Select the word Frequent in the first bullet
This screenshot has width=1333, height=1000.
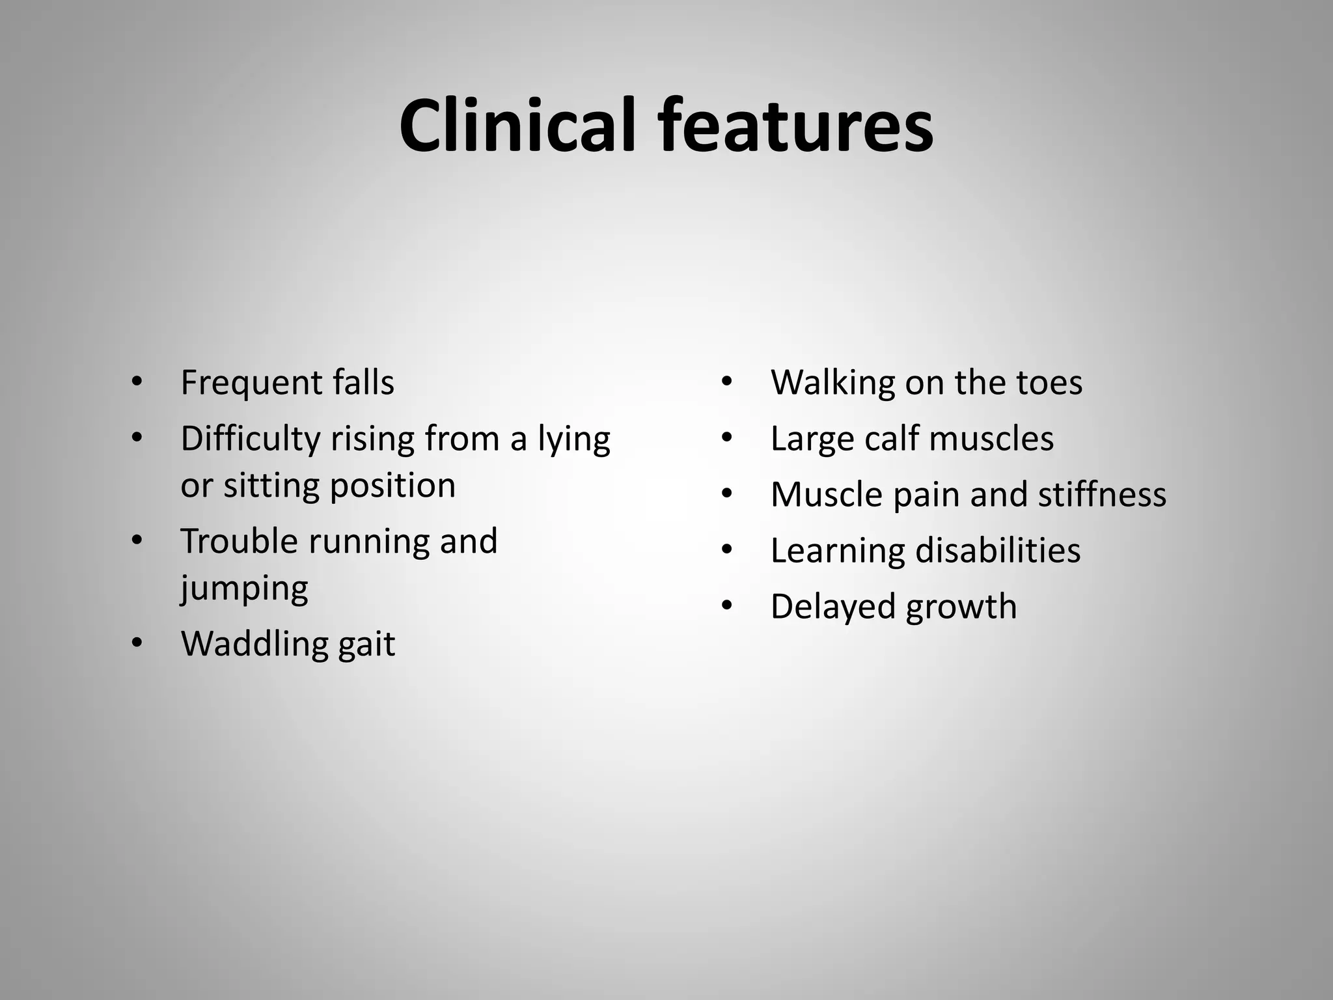pyautogui.click(x=251, y=383)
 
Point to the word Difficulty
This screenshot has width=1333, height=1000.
pyautogui.click(x=250, y=439)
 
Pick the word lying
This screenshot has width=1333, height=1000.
pyautogui.click(x=573, y=439)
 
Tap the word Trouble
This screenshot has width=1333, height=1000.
pyautogui.click(x=238, y=542)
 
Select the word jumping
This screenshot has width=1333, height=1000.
pyautogui.click(x=244, y=589)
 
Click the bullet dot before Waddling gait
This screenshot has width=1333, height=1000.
pyautogui.click(x=136, y=643)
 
